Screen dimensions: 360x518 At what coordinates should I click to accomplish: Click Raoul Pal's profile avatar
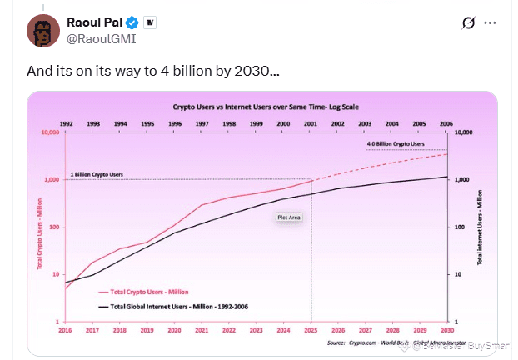(x=42, y=30)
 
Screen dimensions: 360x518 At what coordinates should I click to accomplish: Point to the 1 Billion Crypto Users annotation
(x=97, y=174)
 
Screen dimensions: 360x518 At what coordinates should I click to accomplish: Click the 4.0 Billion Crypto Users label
(x=395, y=144)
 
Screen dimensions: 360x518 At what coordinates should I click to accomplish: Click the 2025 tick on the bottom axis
(x=311, y=330)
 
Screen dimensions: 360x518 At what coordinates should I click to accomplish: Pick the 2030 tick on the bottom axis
(x=448, y=330)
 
